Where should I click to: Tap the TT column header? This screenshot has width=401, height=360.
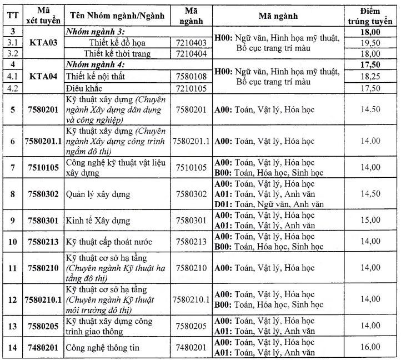coord(11,15)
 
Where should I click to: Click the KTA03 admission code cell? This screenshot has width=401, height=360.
coord(43,43)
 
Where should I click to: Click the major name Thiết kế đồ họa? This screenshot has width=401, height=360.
coord(117,43)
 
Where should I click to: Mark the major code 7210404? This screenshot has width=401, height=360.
coord(191,54)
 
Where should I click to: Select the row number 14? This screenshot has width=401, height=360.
coord(12,347)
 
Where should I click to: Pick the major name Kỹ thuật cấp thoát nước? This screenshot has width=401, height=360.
coord(108,242)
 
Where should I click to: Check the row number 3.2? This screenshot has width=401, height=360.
coord(12,54)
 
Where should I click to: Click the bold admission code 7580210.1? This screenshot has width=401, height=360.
coord(43,299)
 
